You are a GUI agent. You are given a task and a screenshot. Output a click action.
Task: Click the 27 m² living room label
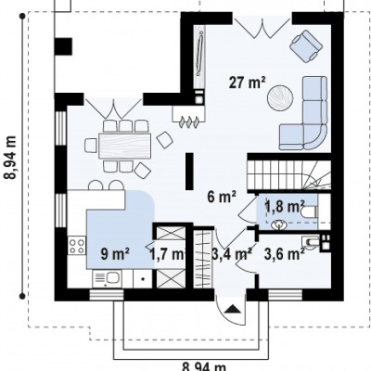coord(248,83)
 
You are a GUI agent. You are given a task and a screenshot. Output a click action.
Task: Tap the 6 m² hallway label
coord(222,198)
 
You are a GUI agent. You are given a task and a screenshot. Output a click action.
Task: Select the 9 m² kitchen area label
coord(115,254)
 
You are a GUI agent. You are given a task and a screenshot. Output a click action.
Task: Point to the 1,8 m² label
coord(285,206)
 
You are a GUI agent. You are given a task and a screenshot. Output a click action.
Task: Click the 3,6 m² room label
coord(284,254)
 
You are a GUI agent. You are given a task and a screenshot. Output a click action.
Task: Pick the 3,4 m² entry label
coord(232,254)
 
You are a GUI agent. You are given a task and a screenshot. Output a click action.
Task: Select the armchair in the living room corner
coord(306,45)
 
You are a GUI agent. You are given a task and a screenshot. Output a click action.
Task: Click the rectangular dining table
coord(124,146)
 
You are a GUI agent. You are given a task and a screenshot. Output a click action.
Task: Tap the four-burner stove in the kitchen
coord(77,246)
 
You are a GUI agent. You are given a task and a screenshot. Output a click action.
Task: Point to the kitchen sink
coord(108,278)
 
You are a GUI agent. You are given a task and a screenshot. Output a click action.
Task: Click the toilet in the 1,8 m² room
coord(309,211)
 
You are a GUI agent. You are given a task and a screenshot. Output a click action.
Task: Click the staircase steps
coord(288,174)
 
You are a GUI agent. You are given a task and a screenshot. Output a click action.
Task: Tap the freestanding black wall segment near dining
coord(189,171)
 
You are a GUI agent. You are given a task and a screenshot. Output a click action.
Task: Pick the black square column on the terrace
coord(63,46)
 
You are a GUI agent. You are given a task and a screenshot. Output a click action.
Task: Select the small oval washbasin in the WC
coord(279,224)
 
